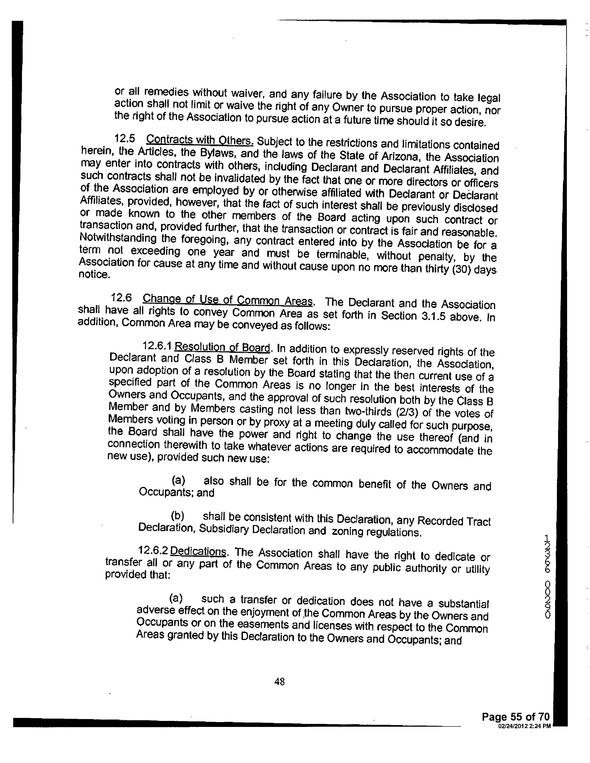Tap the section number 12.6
click(121, 298)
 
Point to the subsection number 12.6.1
click(157, 346)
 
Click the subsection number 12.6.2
click(153, 551)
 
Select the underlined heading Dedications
click(199, 552)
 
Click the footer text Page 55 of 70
click(515, 717)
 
